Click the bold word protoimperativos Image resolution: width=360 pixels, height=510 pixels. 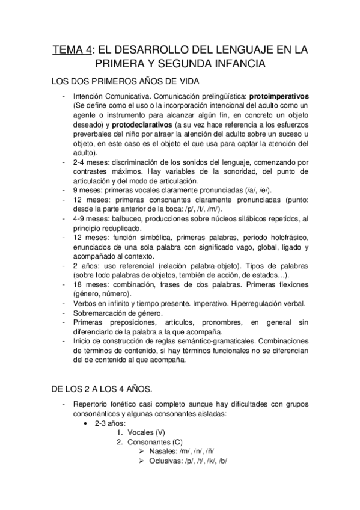(278, 96)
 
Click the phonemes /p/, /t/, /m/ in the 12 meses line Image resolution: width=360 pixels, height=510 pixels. (203, 209)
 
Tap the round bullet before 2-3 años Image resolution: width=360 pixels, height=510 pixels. (87, 423)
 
